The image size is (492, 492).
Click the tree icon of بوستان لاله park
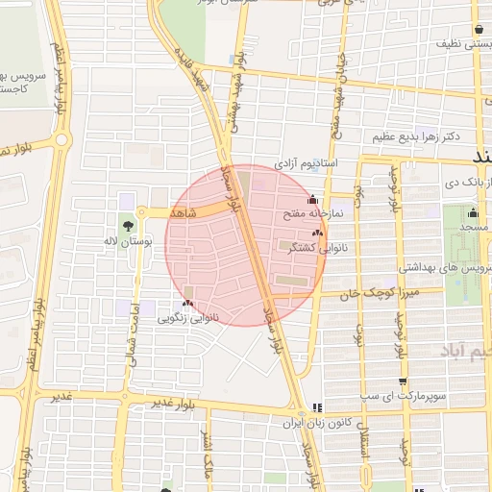(x=127, y=226)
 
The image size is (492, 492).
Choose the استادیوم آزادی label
(x=307, y=164)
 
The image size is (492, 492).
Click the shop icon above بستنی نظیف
(x=478, y=29)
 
